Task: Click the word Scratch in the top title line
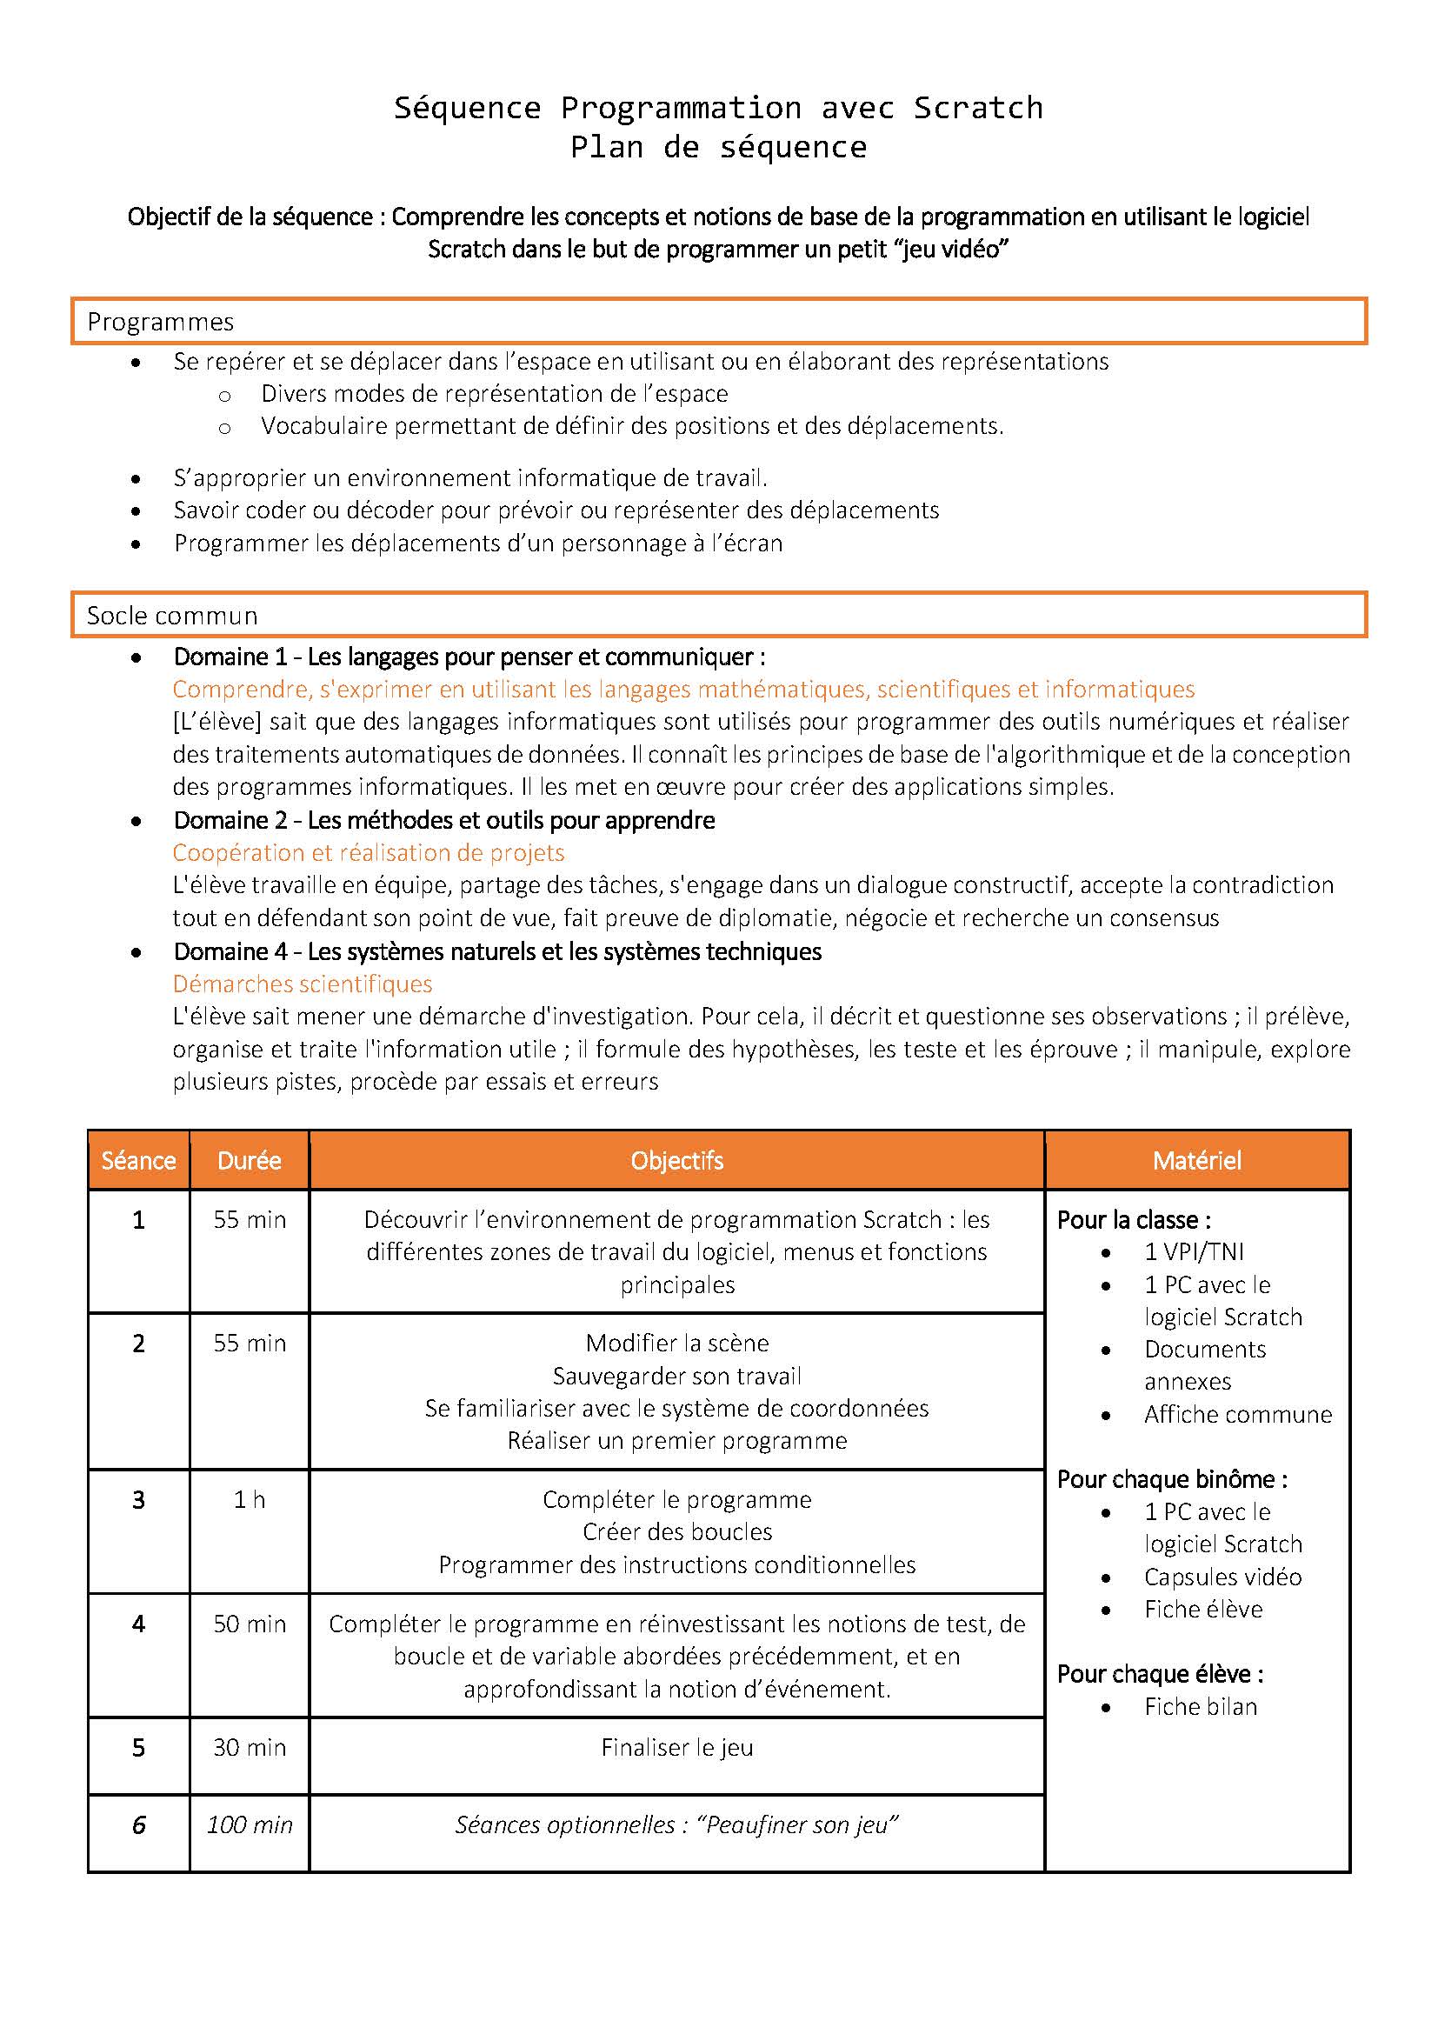(x=977, y=108)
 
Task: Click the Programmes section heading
(x=160, y=322)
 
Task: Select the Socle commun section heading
(x=172, y=616)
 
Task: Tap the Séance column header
(x=138, y=1161)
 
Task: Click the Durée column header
(x=249, y=1161)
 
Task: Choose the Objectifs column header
(x=676, y=1161)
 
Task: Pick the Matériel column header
(x=1196, y=1161)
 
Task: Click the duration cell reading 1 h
(x=249, y=1500)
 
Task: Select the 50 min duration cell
(x=249, y=1624)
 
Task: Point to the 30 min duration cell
(x=249, y=1748)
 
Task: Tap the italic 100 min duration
(x=249, y=1825)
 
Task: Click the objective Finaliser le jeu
(x=676, y=1748)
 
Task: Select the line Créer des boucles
(x=676, y=1531)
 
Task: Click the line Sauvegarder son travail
(x=676, y=1376)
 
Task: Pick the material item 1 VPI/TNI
(x=1194, y=1251)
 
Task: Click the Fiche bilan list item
(x=1200, y=1707)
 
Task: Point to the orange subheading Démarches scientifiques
(x=302, y=984)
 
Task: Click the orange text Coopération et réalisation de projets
(x=369, y=853)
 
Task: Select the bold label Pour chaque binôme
(x=1171, y=1479)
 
